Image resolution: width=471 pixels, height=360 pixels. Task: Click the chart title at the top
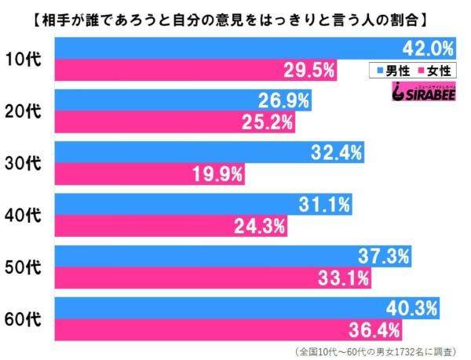coord(235,15)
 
